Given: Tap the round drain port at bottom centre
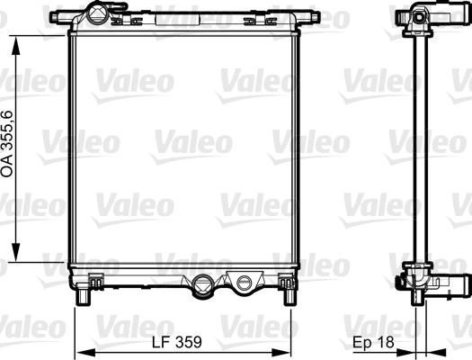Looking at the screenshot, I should [204, 287].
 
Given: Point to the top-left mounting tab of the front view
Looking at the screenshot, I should [61, 17].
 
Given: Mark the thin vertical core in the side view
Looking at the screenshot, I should [416, 148].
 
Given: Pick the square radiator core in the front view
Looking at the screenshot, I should [184, 148].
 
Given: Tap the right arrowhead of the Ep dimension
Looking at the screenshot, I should [441, 351].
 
